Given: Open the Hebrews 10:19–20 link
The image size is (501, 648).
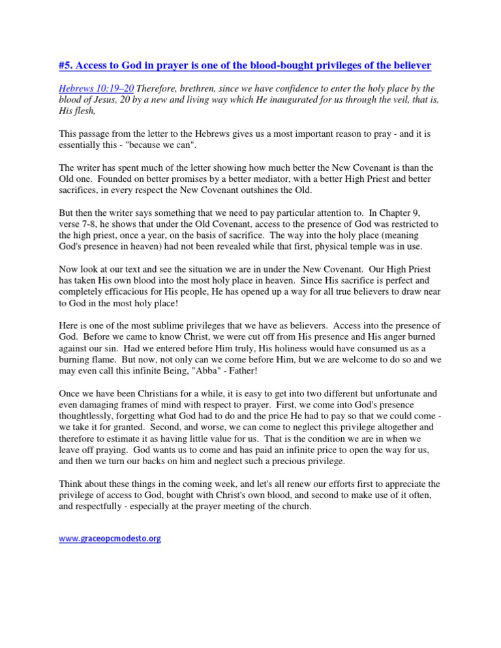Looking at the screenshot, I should pyautogui.click(x=96, y=88).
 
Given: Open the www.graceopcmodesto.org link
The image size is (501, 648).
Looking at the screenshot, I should pyautogui.click(x=110, y=539).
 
